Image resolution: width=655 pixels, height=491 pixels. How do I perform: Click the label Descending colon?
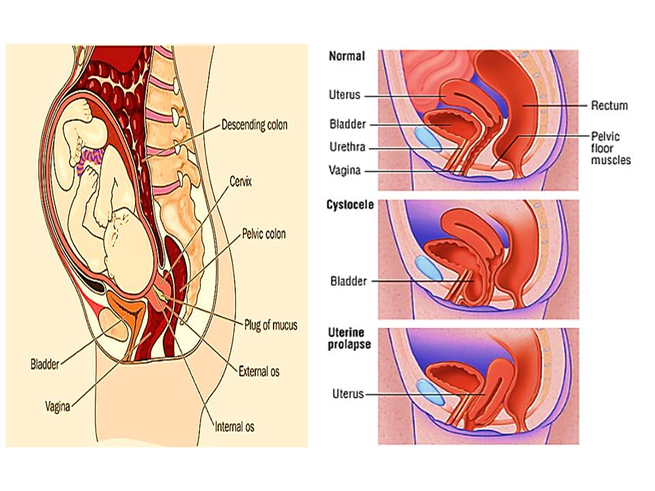254,125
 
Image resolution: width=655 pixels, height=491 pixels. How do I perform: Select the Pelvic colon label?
264,234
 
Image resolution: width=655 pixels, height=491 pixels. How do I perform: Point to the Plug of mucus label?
271,325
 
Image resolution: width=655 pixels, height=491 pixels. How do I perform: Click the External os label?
259,372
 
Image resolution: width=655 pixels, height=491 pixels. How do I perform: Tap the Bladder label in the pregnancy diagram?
45,362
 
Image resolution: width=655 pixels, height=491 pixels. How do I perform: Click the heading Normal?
347,57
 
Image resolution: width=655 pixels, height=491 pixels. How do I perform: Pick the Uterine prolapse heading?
349,338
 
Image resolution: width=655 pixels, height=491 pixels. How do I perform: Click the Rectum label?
610,106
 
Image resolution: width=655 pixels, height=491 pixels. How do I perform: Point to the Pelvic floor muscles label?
611,148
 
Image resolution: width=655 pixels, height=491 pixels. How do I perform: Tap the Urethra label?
347,147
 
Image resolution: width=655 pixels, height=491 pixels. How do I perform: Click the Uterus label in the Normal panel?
344,95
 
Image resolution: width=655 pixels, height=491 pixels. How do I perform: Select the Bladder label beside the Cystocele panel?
348,280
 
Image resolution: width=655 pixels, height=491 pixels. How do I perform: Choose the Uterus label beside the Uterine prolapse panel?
348,393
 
